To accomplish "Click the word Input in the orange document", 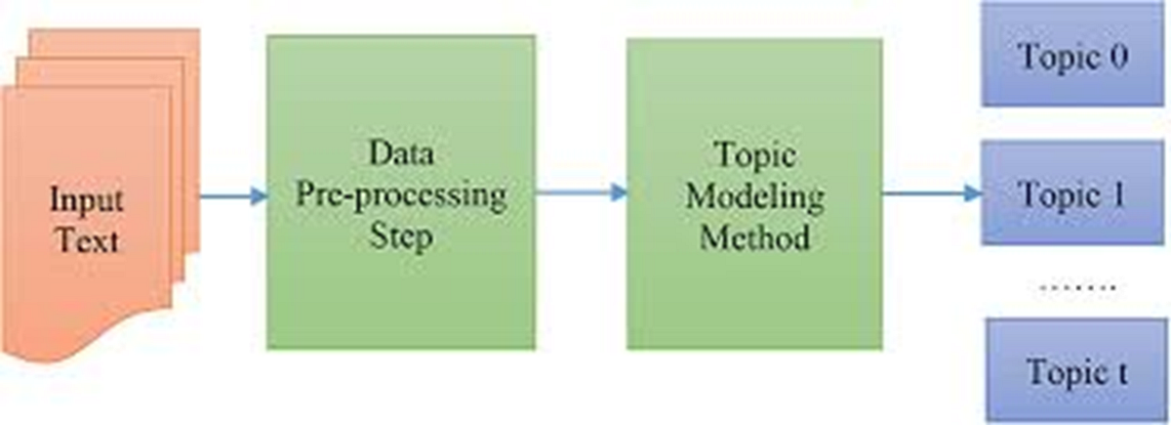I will coord(87,200).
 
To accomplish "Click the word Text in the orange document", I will coord(88,238).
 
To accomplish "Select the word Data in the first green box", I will coord(400,154).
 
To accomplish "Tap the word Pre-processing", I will coord(401,194).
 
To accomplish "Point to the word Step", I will coord(400,235).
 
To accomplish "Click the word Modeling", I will coord(754,195).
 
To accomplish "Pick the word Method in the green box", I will coord(754,235).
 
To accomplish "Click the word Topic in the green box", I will coord(754,155).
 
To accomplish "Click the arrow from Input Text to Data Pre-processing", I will coord(232,195).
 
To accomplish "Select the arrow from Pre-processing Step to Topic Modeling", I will coord(581,192).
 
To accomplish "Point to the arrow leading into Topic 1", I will coord(932,192).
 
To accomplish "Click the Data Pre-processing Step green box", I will coord(400,293).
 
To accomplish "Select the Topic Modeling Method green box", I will coord(754,293).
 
